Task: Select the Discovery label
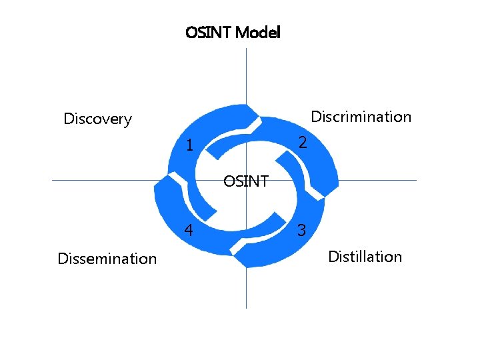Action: click(x=97, y=119)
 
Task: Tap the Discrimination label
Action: click(x=361, y=117)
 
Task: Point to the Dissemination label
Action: click(x=107, y=259)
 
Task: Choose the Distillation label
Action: click(x=365, y=257)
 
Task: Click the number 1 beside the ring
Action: click(x=190, y=145)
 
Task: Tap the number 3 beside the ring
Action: click(x=302, y=231)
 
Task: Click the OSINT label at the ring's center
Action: click(x=246, y=181)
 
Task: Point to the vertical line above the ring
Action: click(x=246, y=73)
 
